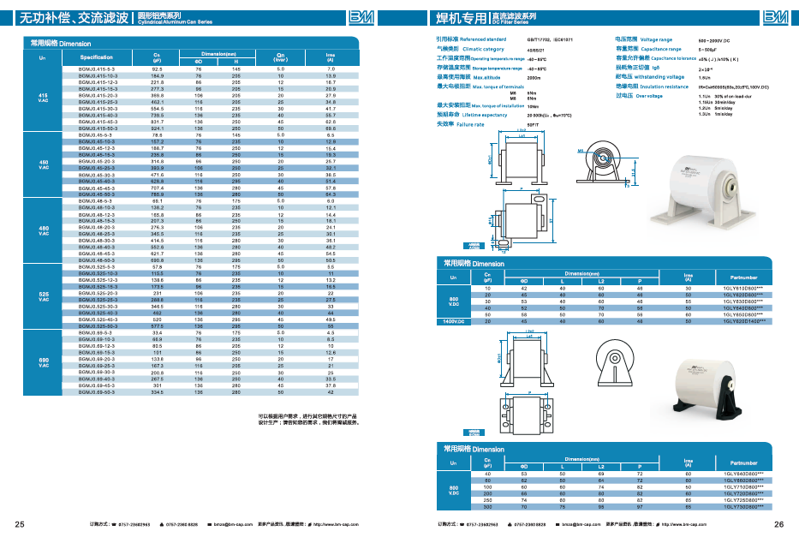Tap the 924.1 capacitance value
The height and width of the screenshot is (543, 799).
(157, 128)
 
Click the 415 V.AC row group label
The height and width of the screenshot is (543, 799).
(43, 98)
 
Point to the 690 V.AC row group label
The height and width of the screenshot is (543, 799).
(43, 363)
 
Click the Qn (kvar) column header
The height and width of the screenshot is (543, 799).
(280, 57)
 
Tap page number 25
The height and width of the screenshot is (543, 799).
(20, 524)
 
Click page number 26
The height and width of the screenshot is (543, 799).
(778, 524)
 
